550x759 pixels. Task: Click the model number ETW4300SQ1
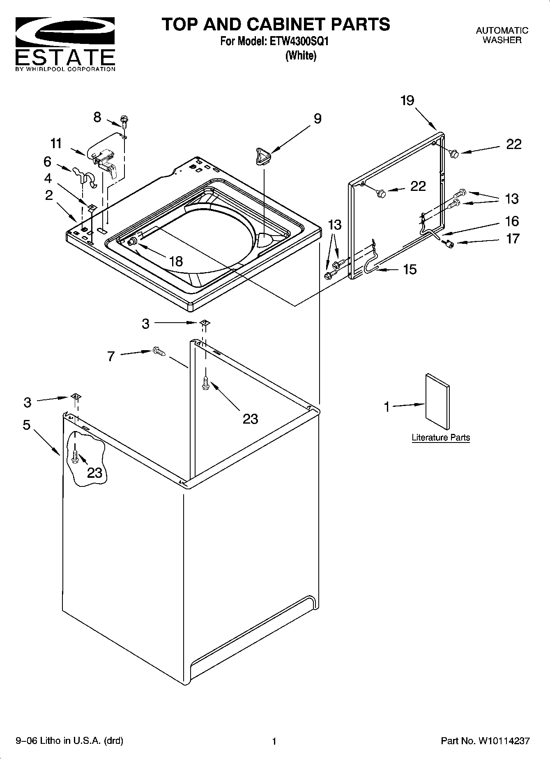point(299,41)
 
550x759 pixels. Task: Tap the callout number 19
point(407,101)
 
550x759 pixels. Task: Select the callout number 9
point(318,119)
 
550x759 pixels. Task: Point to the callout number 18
point(176,261)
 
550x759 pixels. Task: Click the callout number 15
point(410,269)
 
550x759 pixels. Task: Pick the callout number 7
point(110,356)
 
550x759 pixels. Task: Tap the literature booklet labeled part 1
point(437,401)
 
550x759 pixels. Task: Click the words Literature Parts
point(441,438)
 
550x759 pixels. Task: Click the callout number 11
point(56,143)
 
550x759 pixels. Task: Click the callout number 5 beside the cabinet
point(26,425)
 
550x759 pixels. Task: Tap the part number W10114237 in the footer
point(503,741)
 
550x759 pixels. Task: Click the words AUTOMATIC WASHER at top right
point(502,35)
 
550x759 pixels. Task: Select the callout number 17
point(512,238)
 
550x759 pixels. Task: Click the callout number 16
point(512,221)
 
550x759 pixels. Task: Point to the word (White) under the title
point(301,55)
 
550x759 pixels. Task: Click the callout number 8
point(97,117)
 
